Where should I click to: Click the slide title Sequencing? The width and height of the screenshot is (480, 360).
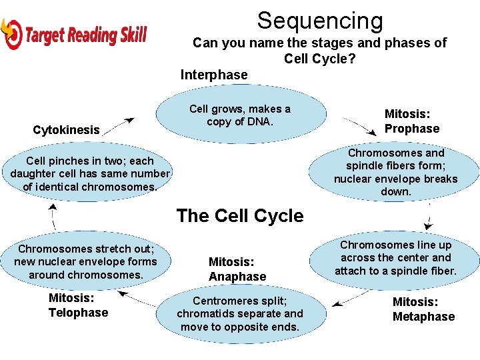[320, 21]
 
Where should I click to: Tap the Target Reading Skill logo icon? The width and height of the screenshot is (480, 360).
[11, 33]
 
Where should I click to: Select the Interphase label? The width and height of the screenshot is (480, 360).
[213, 75]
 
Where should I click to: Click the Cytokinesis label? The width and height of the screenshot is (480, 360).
[66, 130]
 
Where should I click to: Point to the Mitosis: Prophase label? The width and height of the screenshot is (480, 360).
[411, 121]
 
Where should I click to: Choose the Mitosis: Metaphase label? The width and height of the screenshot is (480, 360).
[423, 309]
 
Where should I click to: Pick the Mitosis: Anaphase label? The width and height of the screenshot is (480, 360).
[237, 269]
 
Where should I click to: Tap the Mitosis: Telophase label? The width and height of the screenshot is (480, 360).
[78, 305]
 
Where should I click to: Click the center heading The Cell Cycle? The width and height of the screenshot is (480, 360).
[240, 216]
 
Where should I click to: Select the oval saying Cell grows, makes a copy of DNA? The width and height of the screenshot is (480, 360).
[240, 115]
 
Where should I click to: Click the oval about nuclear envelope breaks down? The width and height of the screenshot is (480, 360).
[395, 172]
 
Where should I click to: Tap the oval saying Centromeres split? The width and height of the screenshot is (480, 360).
[240, 313]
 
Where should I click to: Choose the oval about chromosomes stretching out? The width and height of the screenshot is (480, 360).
[86, 261]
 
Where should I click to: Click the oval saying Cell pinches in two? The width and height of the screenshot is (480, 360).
[90, 173]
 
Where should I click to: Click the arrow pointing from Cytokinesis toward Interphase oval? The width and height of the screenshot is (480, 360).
[120, 125]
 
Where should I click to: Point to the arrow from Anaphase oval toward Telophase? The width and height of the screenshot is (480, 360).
[141, 298]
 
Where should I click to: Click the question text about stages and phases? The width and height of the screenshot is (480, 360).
[319, 51]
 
